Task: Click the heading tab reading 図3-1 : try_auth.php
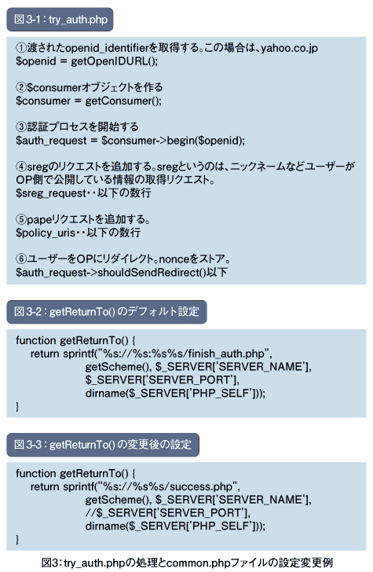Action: [60, 20]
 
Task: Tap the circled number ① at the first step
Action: [21, 48]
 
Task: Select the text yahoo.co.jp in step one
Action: [289, 48]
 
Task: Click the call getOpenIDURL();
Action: [114, 61]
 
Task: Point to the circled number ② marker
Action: [21, 87]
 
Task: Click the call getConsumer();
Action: [123, 101]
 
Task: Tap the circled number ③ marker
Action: [21, 127]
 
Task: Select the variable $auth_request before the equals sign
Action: [51, 141]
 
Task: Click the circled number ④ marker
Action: [21, 167]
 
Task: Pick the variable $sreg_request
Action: [51, 193]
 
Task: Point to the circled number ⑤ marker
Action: [21, 220]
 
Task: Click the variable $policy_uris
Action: [46, 233]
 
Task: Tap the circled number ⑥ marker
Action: [21, 259]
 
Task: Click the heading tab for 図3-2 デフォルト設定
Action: [107, 312]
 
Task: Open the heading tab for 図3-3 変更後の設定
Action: [103, 445]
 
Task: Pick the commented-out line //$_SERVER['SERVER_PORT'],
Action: [168, 513]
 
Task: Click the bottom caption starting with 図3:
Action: [187, 563]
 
